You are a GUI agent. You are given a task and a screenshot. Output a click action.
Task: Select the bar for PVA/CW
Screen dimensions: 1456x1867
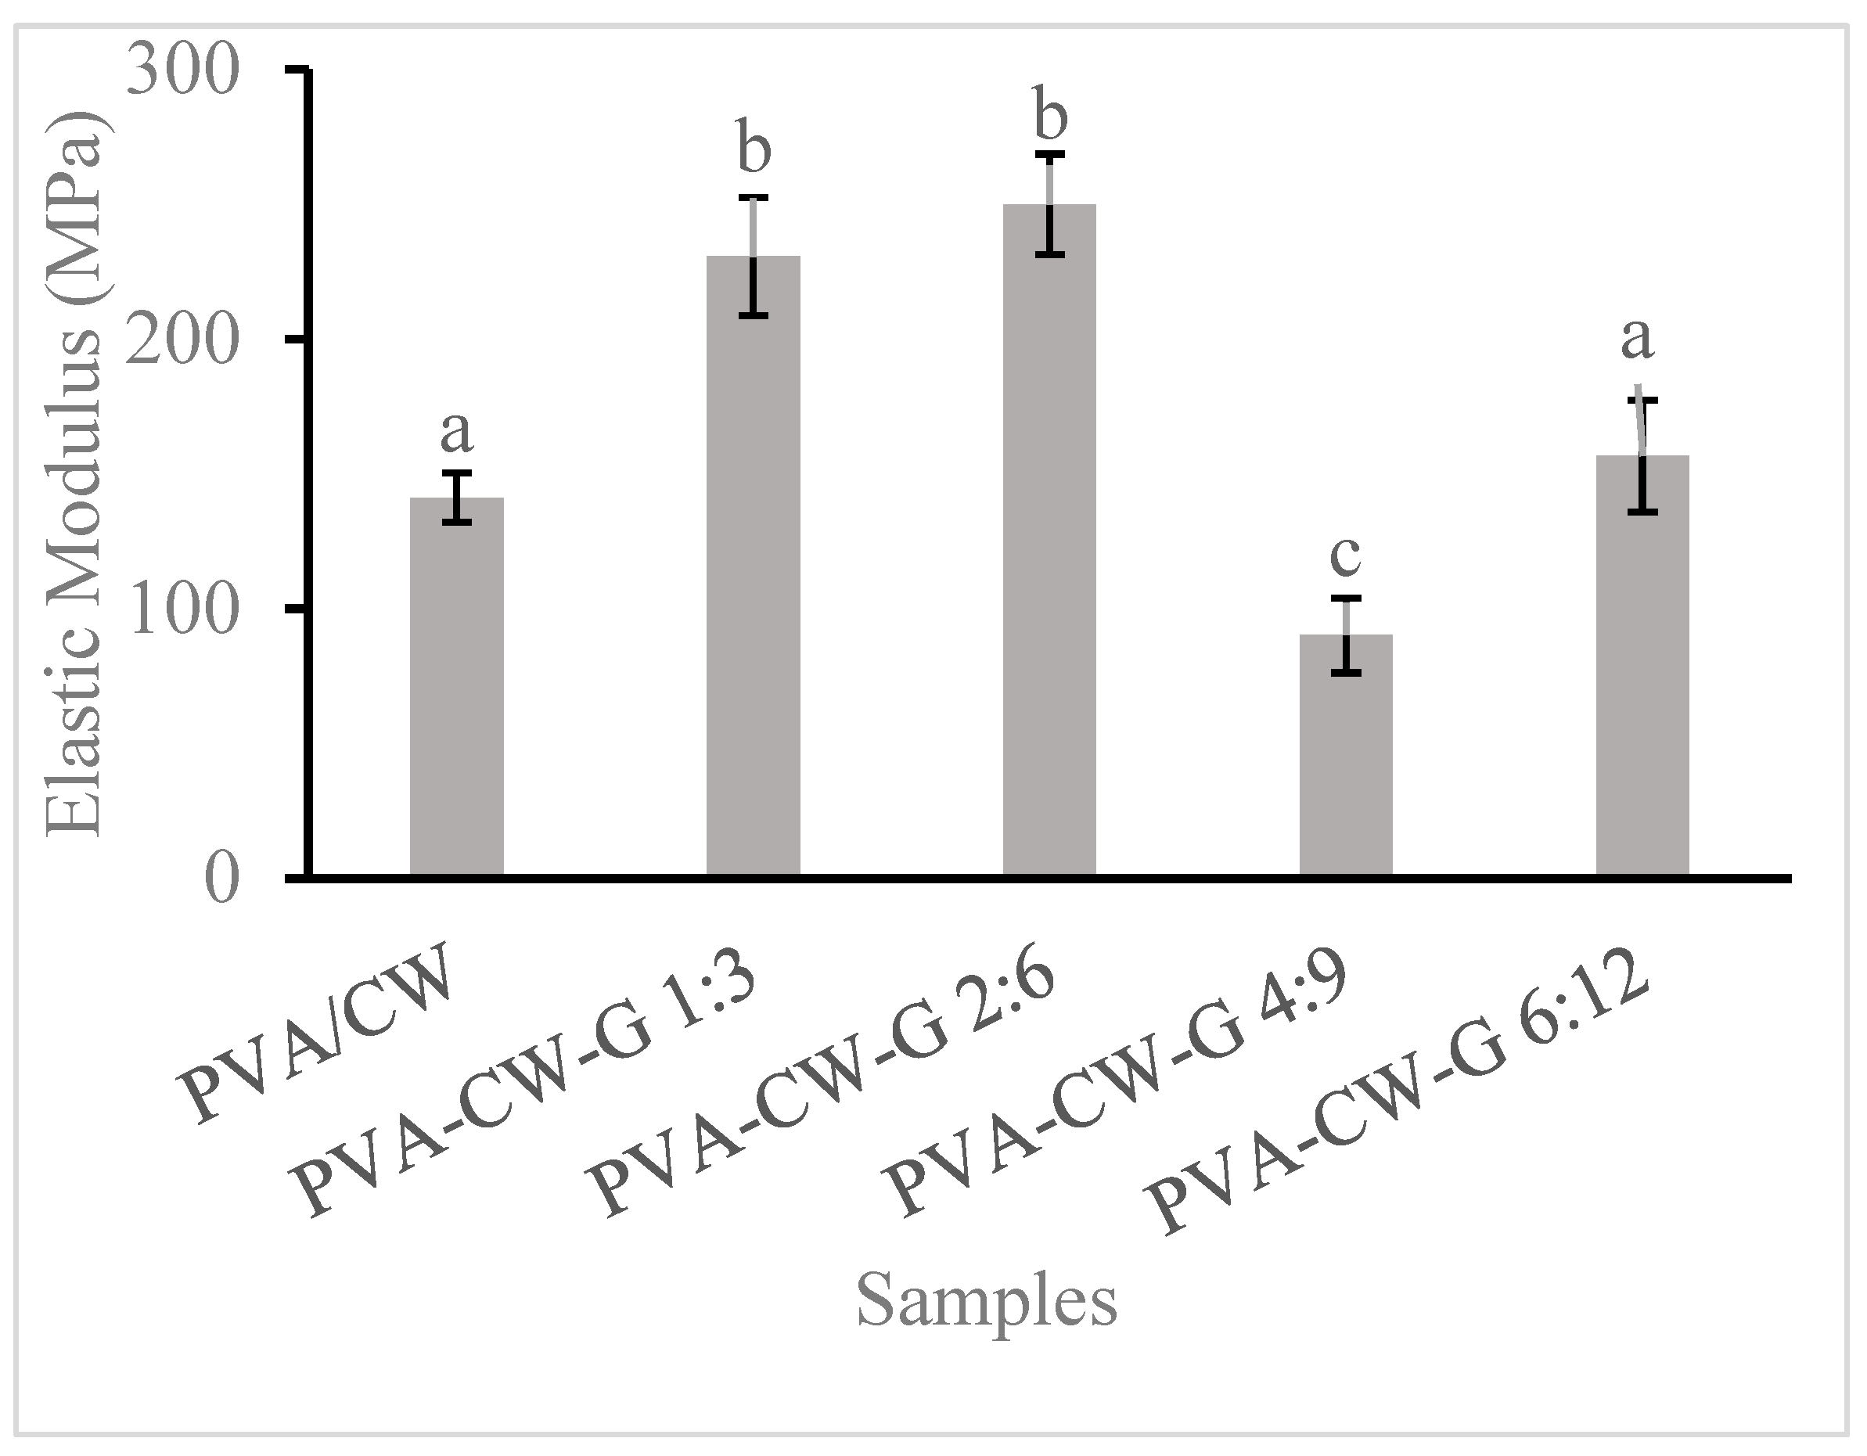[456, 685]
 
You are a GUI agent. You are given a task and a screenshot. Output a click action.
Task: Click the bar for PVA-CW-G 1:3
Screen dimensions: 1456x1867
[753, 564]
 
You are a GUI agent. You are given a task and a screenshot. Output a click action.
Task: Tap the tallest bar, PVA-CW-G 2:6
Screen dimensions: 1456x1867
[1049, 538]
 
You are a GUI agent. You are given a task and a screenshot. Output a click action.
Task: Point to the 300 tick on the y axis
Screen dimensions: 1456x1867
[181, 72]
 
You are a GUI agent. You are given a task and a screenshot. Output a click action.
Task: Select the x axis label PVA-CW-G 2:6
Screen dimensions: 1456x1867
[824, 1087]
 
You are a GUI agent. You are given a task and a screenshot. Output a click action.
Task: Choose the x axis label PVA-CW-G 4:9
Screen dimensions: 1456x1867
[1120, 1087]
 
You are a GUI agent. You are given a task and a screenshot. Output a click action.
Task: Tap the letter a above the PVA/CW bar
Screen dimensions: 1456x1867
[456, 432]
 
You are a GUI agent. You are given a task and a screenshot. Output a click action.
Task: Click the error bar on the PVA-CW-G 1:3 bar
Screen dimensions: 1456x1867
[753, 257]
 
